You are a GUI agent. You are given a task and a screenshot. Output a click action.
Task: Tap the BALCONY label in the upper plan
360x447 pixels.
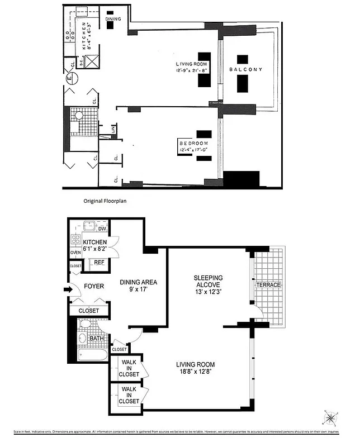pyautogui.click(x=245, y=70)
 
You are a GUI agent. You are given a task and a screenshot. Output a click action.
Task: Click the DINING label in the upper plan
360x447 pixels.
pyautogui.click(x=113, y=19)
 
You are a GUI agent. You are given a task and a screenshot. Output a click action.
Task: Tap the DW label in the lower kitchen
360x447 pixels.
pyautogui.click(x=102, y=229)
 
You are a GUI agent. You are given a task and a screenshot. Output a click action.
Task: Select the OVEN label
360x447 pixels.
pyautogui.click(x=75, y=253)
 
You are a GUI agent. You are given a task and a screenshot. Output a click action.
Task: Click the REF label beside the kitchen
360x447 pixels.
pyautogui.click(x=98, y=261)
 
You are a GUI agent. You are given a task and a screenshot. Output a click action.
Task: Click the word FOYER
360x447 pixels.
pyautogui.click(x=94, y=286)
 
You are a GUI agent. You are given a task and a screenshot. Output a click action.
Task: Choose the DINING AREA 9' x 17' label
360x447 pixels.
pyautogui.click(x=139, y=286)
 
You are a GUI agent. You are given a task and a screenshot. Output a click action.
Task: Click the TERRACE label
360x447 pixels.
pyautogui.click(x=268, y=285)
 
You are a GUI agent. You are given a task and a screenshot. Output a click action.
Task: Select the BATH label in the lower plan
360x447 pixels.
pyautogui.click(x=96, y=338)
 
